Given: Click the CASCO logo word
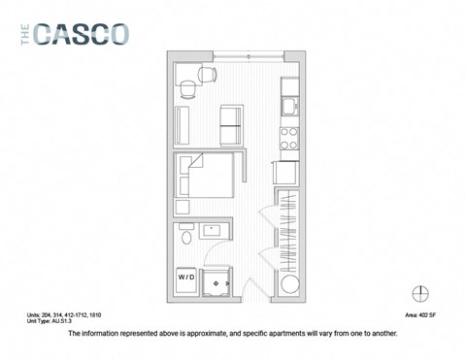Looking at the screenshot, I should pos(82,34).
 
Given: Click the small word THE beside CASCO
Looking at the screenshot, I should pos(25,34).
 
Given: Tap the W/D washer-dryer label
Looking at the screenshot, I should pos(185,278).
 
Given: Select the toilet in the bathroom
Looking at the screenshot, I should pos(183,237).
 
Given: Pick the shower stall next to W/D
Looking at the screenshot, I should pos(221,279).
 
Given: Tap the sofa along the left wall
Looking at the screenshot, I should pos(182,123).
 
